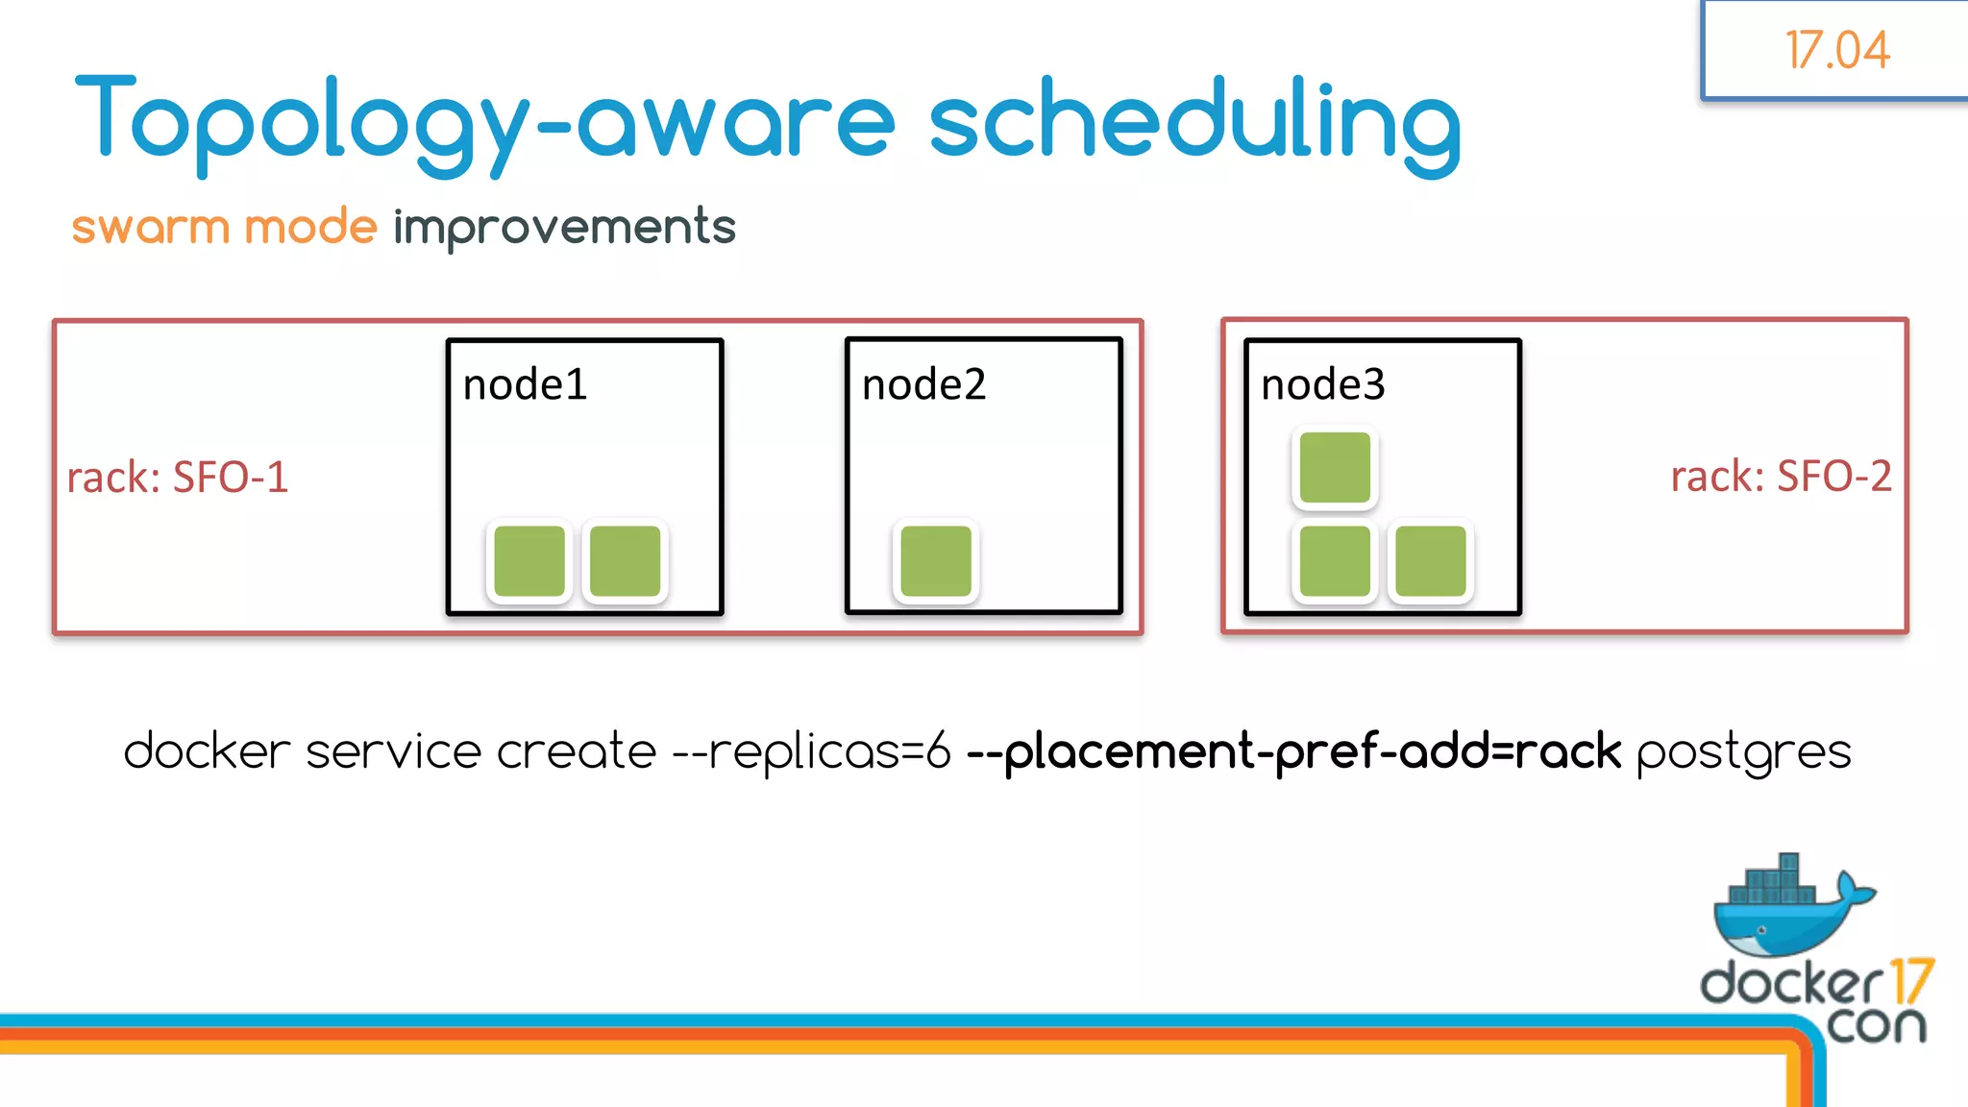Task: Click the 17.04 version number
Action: pyautogui.click(x=1836, y=50)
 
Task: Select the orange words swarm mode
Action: pyautogui.click(x=224, y=228)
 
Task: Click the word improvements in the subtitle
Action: pyautogui.click(x=564, y=228)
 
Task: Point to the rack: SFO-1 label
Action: pyautogui.click(x=178, y=478)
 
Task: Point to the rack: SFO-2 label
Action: pyautogui.click(x=1780, y=477)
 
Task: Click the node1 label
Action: pyautogui.click(x=525, y=385)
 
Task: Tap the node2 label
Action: pyautogui.click(x=923, y=385)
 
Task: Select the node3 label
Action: pyautogui.click(x=1322, y=385)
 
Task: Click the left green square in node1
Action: pyautogui.click(x=529, y=561)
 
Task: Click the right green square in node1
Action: pyautogui.click(x=625, y=561)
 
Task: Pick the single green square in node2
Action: pyautogui.click(x=936, y=561)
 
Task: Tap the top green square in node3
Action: pyautogui.click(x=1335, y=468)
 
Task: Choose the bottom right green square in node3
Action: pyautogui.click(x=1430, y=561)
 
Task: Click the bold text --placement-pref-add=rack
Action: pyautogui.click(x=1293, y=751)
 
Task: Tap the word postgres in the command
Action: pyautogui.click(x=1743, y=751)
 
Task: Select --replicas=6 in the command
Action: pyautogui.click(x=812, y=751)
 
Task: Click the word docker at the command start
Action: pyautogui.click(x=207, y=751)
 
